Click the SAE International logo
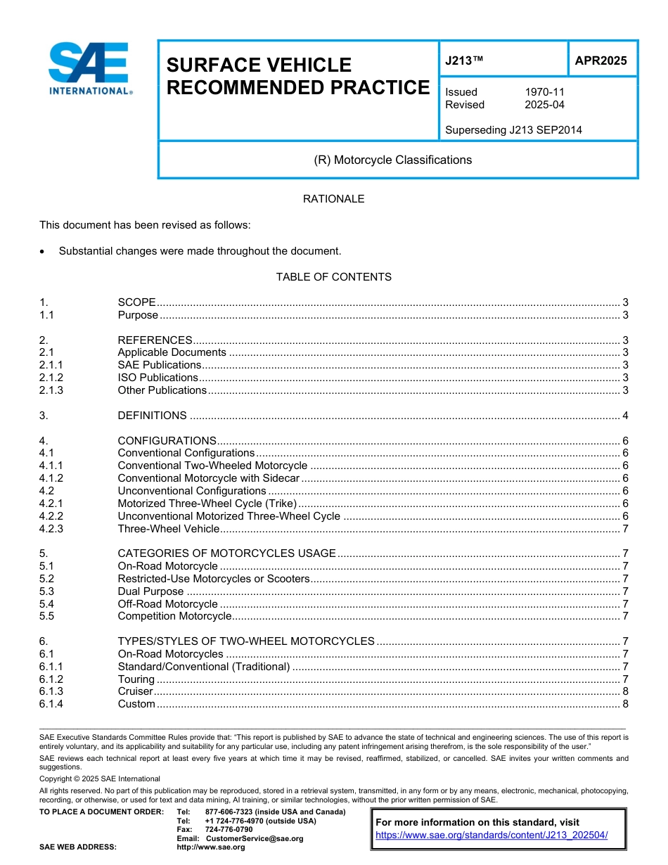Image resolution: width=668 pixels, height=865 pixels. pos(89,68)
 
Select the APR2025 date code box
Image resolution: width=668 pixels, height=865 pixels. pos(600,61)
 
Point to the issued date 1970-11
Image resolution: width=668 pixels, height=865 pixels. pos(544,92)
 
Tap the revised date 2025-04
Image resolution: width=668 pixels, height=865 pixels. pos(544,105)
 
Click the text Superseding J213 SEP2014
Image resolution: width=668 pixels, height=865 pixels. pos(513,130)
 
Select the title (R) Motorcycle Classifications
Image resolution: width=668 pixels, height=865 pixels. pos(392,160)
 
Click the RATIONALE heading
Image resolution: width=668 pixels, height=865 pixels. pos(333,199)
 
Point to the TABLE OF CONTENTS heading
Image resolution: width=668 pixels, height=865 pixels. pos(333,277)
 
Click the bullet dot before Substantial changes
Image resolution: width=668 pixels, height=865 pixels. pos(44,251)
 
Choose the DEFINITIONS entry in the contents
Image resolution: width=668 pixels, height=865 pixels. pos(153,416)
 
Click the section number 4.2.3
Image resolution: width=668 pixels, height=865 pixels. pos(51,529)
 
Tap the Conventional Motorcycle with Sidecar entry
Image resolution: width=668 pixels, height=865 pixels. pos(208,478)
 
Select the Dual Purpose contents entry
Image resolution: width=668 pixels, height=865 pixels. pos(150,591)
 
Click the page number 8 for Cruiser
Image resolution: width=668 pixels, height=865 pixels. pos(625,691)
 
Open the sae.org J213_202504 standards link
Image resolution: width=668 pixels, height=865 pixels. pos(492,835)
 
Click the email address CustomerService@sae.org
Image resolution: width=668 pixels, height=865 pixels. pos(255,838)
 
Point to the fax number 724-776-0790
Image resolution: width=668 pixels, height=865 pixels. pos(229,830)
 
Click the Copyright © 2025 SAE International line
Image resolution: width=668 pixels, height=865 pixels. pos(100,778)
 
